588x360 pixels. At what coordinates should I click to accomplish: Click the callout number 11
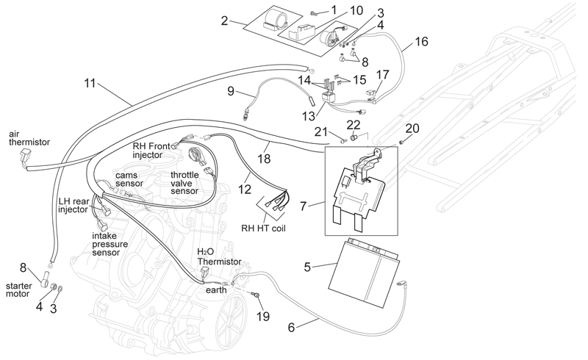click(x=90, y=82)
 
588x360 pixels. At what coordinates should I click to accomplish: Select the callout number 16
click(x=421, y=41)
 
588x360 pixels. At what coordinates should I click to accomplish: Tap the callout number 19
click(x=263, y=316)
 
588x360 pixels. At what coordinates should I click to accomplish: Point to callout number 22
click(x=354, y=125)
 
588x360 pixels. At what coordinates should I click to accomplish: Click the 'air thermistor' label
click(x=29, y=138)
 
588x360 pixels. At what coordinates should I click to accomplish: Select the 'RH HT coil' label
click(x=263, y=228)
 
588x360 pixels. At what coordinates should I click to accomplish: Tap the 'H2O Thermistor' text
click(x=219, y=257)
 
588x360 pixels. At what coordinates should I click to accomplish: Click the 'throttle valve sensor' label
click(x=184, y=183)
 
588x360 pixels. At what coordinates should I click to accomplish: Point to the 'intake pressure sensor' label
click(x=110, y=244)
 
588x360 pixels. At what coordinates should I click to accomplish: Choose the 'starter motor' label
click(x=19, y=289)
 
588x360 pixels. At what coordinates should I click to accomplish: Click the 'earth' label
click(x=216, y=290)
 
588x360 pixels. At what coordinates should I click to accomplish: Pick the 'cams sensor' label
click(x=129, y=179)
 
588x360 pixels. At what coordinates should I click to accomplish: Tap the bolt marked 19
click(x=257, y=295)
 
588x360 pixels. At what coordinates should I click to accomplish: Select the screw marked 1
click(x=314, y=14)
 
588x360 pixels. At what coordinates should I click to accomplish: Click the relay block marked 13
click(x=329, y=98)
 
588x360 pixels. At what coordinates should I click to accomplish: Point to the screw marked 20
click(x=401, y=143)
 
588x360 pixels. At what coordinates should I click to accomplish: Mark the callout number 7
click(x=304, y=206)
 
